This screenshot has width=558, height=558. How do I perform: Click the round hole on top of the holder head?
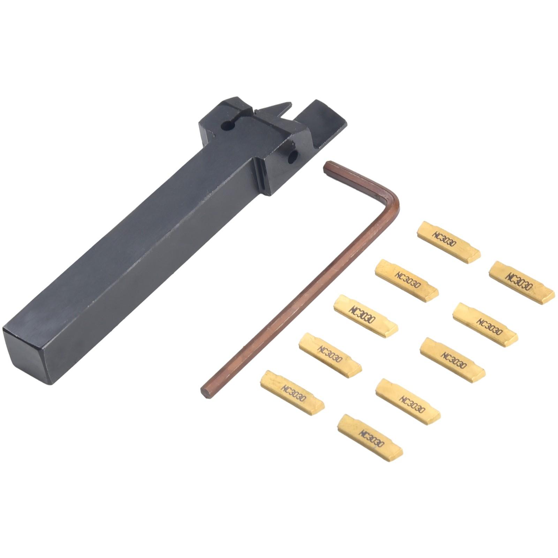point(227,126)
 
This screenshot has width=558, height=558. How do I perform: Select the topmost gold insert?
point(449,242)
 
